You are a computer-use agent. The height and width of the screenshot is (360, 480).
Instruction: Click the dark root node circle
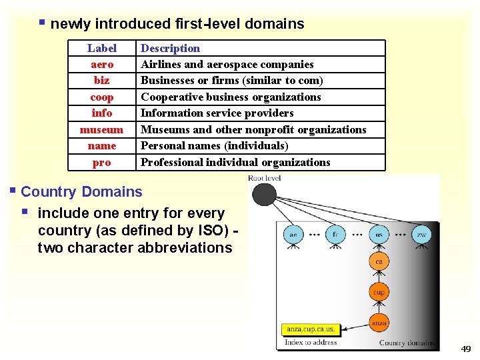point(264,195)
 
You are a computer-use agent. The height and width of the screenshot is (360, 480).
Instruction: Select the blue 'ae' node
point(293,235)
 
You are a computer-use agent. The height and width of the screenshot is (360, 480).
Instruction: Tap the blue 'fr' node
point(335,235)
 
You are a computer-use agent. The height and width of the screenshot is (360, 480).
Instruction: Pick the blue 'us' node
point(379,235)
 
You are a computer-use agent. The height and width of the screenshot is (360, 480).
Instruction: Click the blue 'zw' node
point(421,235)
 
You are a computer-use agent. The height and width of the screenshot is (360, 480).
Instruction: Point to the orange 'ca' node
point(379,262)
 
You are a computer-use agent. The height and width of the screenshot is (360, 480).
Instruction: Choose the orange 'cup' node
point(379,293)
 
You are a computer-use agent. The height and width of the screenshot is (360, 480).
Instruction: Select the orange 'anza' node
point(379,323)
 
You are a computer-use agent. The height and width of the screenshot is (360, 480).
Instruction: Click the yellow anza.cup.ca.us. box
point(311,329)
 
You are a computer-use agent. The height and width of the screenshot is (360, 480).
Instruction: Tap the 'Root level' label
point(264,178)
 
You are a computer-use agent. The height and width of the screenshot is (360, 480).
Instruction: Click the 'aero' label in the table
point(102,64)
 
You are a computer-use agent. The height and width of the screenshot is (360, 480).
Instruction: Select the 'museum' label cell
point(102,129)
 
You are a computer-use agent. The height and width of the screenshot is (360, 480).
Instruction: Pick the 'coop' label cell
point(102,97)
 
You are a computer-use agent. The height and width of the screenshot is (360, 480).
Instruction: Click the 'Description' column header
point(170,48)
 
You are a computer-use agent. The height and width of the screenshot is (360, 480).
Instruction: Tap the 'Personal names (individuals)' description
point(214,145)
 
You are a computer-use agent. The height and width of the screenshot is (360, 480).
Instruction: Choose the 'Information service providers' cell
point(217,113)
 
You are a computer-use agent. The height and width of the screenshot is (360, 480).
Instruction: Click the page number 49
point(465,349)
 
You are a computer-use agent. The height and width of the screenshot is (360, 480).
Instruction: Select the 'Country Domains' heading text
point(81,192)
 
